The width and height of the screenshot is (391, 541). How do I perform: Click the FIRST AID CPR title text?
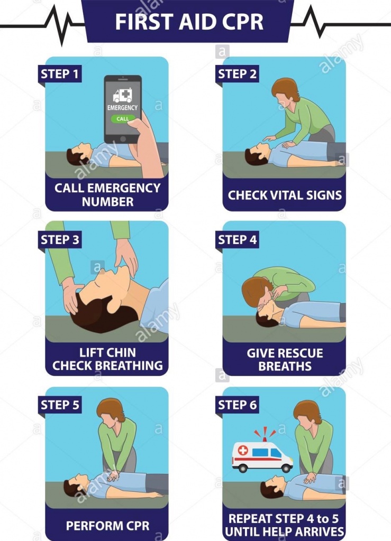(x=189, y=21)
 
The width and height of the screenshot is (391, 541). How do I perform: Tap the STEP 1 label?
(x=60, y=74)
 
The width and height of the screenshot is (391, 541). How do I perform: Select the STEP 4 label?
(x=237, y=239)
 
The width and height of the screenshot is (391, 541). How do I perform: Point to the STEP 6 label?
(x=237, y=405)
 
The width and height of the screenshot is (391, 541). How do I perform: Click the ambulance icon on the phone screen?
(x=123, y=95)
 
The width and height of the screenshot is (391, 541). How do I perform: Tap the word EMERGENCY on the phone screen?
(x=122, y=108)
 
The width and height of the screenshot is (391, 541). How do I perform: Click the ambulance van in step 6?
(x=262, y=456)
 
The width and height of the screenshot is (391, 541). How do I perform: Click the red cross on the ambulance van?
(x=243, y=450)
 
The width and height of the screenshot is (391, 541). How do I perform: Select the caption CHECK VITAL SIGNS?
(x=285, y=195)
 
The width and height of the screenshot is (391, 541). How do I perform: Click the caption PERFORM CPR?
(x=108, y=526)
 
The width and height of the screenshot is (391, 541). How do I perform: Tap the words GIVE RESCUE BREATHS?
(x=285, y=359)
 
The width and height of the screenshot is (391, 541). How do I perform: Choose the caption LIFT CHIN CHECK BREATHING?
(x=107, y=359)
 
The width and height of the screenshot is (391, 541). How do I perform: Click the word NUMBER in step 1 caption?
(x=108, y=201)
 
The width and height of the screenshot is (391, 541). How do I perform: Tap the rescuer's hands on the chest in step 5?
(x=113, y=475)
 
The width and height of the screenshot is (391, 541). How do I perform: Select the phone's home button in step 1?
(x=123, y=139)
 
